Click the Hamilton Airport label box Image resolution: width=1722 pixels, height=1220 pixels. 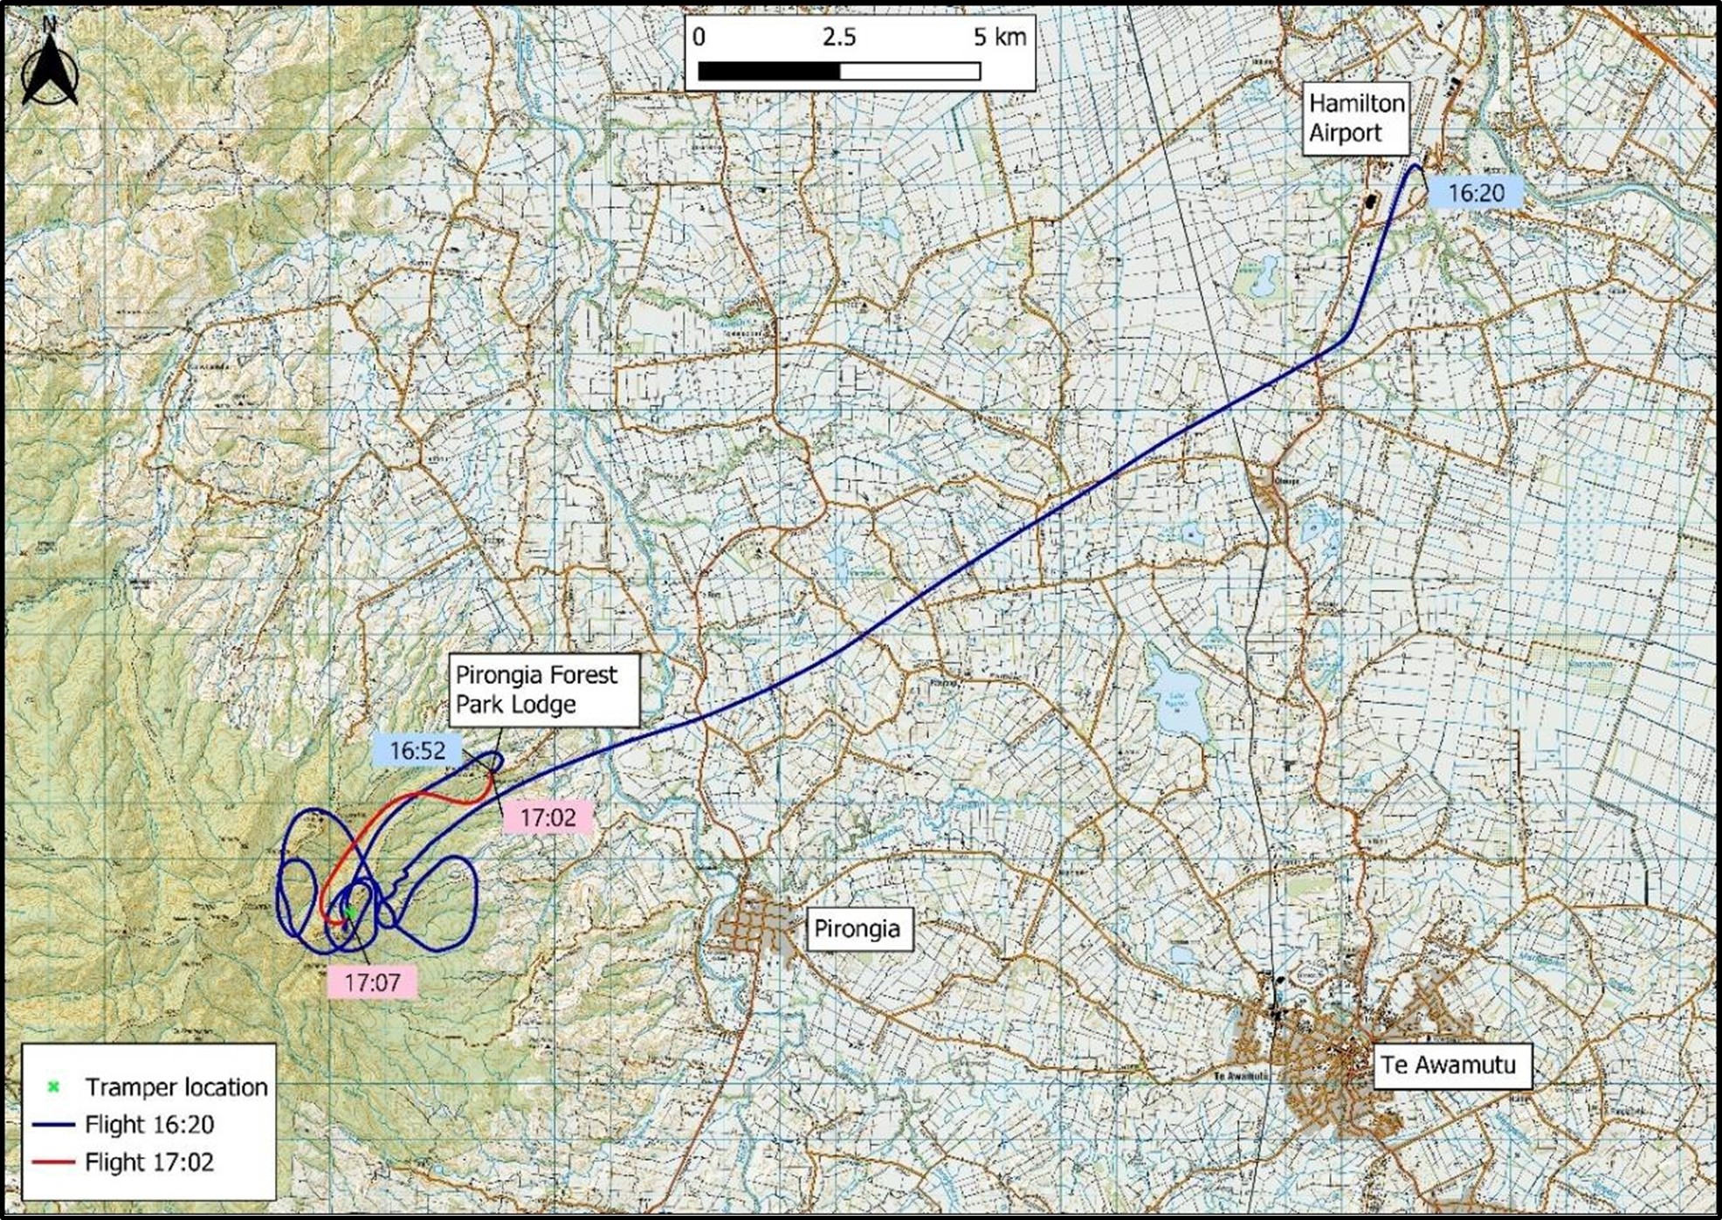click(1356, 119)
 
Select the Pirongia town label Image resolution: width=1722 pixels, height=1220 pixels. click(857, 928)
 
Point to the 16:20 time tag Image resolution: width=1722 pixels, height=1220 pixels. click(1476, 193)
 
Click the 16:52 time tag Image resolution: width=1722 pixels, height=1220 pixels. click(417, 751)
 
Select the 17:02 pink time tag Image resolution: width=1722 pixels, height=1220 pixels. click(548, 818)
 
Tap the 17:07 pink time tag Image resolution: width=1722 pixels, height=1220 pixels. click(372, 982)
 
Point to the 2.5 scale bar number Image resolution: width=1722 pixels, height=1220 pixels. click(838, 38)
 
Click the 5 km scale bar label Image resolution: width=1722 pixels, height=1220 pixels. click(999, 38)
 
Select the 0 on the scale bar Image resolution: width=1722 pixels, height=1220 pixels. click(699, 38)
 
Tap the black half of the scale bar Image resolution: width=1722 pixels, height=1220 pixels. click(768, 71)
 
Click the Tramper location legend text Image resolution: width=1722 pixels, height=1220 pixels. click(176, 1087)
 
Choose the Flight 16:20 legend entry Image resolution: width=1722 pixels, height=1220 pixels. click(149, 1125)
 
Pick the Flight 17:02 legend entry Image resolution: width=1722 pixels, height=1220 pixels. click(149, 1162)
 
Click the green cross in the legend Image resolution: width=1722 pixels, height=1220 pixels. click(53, 1087)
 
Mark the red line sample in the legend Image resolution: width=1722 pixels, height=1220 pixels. click(53, 1162)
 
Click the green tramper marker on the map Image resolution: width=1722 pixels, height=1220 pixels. click(348, 912)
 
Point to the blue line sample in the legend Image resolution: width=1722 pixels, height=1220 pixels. click(53, 1125)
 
